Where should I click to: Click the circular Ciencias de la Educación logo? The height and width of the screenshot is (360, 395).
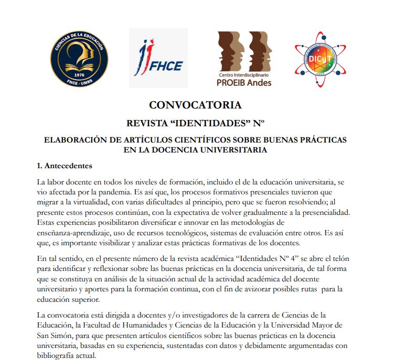click(x=79, y=58)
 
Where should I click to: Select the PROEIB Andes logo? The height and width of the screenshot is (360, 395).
click(x=244, y=58)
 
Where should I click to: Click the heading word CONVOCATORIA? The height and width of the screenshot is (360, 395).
click(x=195, y=105)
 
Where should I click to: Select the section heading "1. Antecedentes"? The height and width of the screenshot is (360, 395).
click(x=65, y=166)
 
